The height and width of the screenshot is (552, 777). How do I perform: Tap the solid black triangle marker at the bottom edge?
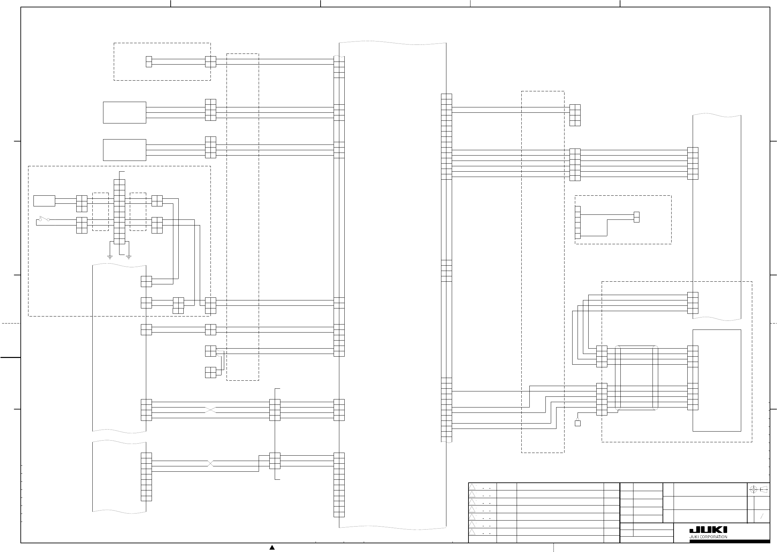pos(272,548)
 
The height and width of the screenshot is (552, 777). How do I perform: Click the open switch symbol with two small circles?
pos(44,219)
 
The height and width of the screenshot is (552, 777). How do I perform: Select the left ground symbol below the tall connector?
pos(110,257)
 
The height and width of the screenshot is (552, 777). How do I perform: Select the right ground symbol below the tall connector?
pos(128,257)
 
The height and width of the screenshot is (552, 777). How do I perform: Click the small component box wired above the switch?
pos(44,201)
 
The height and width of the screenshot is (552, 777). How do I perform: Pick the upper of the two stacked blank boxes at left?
pos(124,112)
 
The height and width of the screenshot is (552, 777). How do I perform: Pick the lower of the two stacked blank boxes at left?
pos(124,150)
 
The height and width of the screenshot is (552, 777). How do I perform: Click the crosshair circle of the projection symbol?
pos(753,489)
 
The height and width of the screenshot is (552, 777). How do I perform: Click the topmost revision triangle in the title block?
pos(472,487)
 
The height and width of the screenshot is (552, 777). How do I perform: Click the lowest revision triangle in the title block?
pos(472,532)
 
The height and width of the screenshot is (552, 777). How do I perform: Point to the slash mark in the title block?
pos(762,516)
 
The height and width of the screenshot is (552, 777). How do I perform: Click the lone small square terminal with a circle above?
pos(578,423)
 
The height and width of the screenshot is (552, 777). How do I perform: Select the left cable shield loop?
pos(618,378)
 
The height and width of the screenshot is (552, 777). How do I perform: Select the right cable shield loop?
pos(655,378)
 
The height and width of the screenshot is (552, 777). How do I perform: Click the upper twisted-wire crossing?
pos(210,410)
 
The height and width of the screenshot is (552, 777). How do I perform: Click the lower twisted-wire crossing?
pos(210,464)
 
